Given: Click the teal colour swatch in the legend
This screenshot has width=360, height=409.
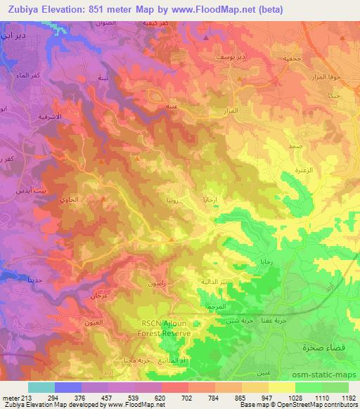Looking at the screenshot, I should coord(41,387).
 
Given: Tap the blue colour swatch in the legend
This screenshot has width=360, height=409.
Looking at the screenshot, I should coord(68,387).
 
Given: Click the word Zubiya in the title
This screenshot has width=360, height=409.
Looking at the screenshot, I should coord(22,8).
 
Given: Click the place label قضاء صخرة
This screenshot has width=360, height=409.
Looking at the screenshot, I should coord(321,346).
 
